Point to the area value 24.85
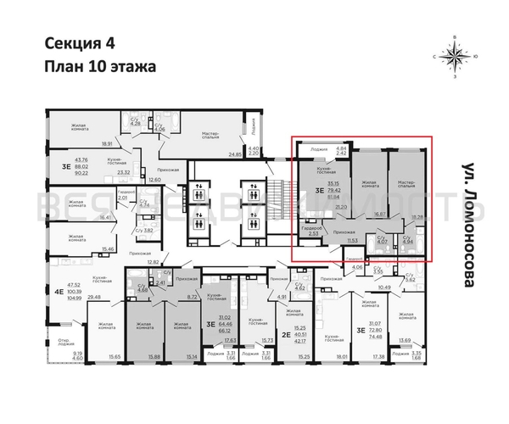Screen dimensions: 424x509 click(x=234, y=154)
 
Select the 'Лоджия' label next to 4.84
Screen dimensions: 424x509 click(x=320, y=149)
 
